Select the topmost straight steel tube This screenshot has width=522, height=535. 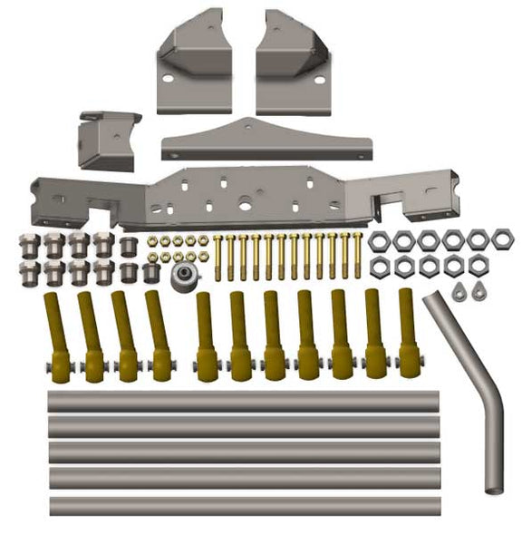pyautogui.click(x=243, y=400)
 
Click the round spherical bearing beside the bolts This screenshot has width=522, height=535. pyautogui.click(x=187, y=275)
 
